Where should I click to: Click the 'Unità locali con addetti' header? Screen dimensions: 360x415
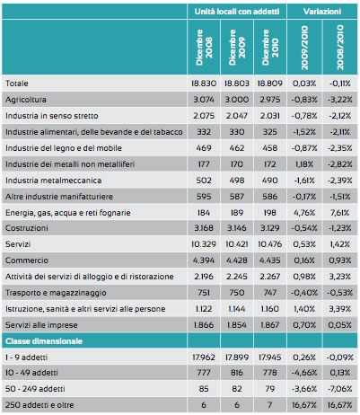click(237, 12)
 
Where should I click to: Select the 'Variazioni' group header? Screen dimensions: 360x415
click(322, 12)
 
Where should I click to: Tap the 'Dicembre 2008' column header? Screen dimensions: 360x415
click(204, 47)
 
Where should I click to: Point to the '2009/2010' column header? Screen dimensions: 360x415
click(304, 48)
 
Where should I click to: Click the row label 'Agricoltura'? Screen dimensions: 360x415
click(26, 100)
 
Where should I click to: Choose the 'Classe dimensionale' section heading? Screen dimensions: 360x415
click(44, 341)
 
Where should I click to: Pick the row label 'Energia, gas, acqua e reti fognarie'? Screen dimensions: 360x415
click(68, 213)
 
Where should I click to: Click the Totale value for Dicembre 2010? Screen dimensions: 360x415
click(269, 84)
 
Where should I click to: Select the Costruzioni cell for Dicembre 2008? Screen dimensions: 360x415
click(204, 228)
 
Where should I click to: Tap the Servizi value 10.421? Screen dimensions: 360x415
click(237, 244)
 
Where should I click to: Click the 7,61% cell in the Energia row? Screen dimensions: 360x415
click(339, 213)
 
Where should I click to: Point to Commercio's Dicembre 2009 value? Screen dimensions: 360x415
click(237, 260)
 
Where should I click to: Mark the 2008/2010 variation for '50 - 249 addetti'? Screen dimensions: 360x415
click(339, 389)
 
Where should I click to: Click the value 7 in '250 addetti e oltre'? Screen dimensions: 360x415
click(269, 405)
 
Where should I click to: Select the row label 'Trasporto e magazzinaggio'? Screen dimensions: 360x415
click(56, 293)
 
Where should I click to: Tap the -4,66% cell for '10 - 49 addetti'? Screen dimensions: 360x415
click(304, 373)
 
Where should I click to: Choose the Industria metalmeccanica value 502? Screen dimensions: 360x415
click(204, 181)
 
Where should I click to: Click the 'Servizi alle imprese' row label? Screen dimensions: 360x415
click(41, 325)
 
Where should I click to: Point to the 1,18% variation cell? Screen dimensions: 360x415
click(304, 164)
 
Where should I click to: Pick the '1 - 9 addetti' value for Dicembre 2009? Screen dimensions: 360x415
click(237, 358)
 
